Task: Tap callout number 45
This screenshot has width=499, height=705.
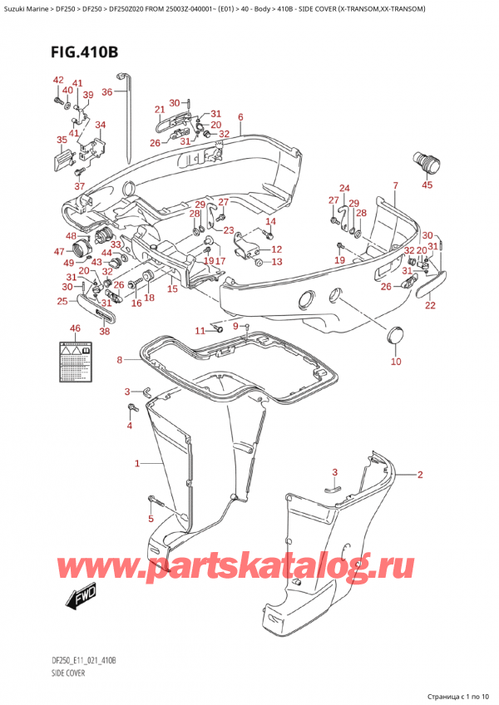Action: point(427,185)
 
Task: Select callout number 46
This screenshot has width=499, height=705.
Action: point(75,328)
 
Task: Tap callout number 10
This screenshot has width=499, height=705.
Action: point(396,361)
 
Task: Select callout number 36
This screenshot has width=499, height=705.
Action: point(106,92)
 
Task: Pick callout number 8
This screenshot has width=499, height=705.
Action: point(119,360)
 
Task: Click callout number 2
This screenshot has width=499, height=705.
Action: point(420,475)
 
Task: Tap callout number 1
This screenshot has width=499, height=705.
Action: point(137,463)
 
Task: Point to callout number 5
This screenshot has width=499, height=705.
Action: point(151,519)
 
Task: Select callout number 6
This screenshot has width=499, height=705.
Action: point(240,117)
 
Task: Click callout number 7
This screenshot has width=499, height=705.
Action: point(395,185)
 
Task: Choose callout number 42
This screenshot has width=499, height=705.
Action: point(58,80)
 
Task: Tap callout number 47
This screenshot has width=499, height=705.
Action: point(60,251)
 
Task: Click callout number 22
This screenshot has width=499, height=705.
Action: point(430,305)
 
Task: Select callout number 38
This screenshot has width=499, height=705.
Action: point(105,332)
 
